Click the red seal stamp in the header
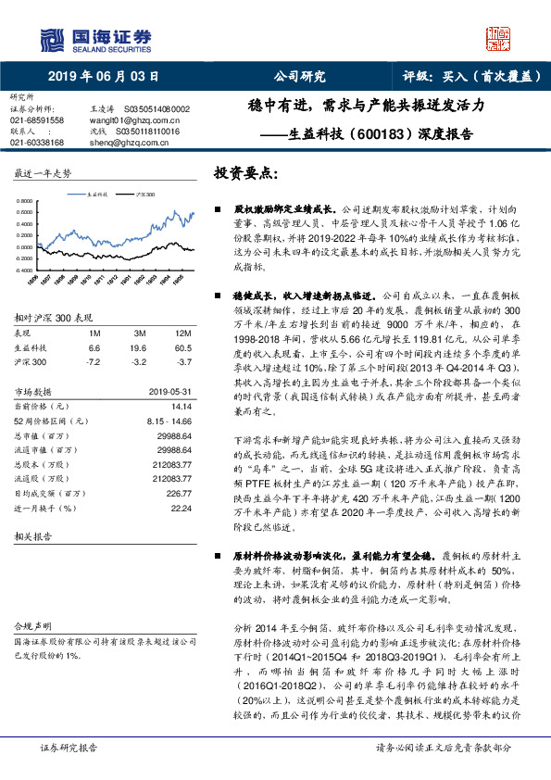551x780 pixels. click(x=499, y=38)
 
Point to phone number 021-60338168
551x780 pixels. click(x=37, y=143)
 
